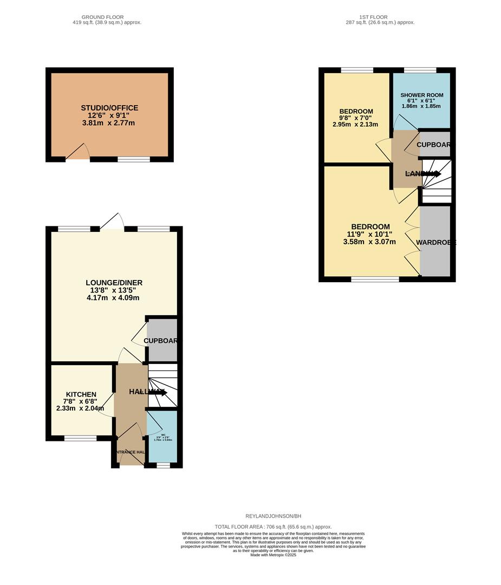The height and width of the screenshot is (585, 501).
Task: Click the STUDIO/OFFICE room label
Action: pos(109,108)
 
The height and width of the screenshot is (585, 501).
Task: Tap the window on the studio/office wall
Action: pos(134,159)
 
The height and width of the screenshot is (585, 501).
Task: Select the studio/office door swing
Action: pos(79,152)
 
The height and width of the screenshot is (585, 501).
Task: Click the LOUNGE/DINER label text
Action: pos(114,283)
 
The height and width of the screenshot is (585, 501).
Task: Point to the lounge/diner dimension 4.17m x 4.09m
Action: pos(114,297)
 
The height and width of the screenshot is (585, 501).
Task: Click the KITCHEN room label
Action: pos(81,394)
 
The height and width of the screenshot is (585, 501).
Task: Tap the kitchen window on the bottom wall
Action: pos(80,438)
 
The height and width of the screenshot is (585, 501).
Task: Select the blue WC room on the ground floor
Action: pos(162,436)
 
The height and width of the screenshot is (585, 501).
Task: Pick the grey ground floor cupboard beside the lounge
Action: pos(162,340)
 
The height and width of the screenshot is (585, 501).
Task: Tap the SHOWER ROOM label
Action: pos(422,95)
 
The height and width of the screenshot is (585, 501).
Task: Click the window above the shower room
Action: pos(420,70)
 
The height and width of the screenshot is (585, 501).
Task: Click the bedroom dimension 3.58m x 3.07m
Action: pos(370,242)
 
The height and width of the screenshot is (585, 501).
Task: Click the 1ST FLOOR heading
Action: pos(374,17)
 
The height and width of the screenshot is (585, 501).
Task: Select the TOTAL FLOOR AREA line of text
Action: pos(273,526)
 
